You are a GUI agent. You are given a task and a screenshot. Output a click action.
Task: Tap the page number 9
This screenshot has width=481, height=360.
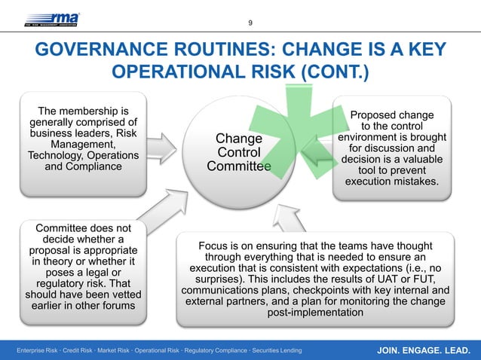(250, 23)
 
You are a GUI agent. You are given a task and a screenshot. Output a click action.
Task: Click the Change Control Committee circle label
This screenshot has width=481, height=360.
(239, 153)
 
